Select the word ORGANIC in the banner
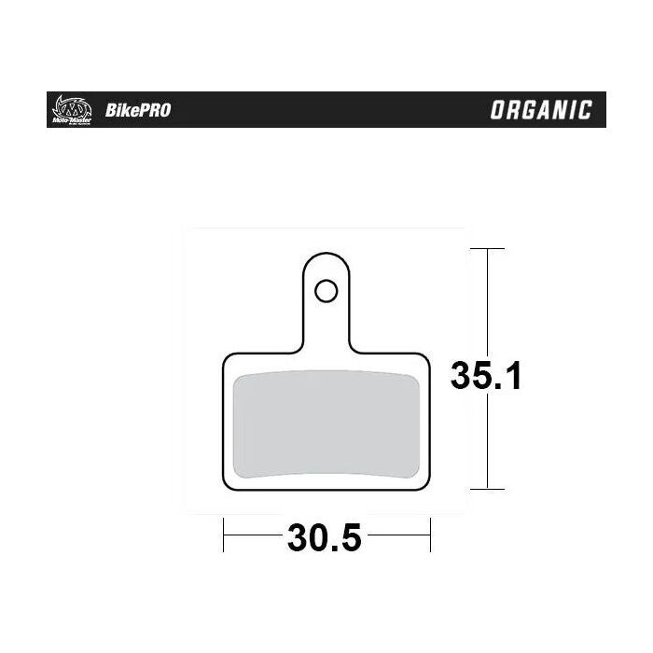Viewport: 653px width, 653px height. [x=541, y=110]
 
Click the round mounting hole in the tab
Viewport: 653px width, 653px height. [x=325, y=291]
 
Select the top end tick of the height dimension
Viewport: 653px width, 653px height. [x=487, y=249]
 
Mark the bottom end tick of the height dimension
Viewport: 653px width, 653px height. [x=487, y=489]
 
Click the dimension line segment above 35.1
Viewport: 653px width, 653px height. [x=487, y=299]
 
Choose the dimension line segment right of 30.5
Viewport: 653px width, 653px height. [x=401, y=537]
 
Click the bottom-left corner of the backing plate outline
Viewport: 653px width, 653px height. [x=226, y=486]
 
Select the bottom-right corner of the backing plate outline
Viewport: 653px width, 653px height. [x=427, y=486]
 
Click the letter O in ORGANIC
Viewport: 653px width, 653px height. [x=498, y=110]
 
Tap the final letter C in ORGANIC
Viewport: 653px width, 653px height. [x=584, y=110]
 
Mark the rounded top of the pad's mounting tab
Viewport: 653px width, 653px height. [x=325, y=257]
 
